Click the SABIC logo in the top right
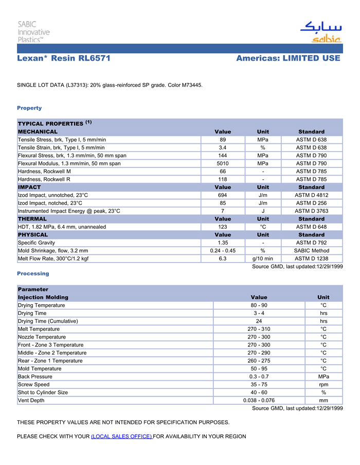(x=320, y=32)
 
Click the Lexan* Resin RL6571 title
(x=64, y=59)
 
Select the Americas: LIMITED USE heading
(x=288, y=59)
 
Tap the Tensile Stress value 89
(x=223, y=140)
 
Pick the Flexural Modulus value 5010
(x=223, y=163)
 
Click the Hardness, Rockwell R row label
(x=44, y=179)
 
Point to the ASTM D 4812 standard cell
(x=311, y=195)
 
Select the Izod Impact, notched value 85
(x=223, y=203)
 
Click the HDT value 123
(x=223, y=227)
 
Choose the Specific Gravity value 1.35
(x=223, y=243)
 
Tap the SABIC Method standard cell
(x=311, y=251)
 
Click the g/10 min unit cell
(x=263, y=258)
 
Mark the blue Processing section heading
(x=33, y=273)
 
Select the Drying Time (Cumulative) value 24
(x=259, y=321)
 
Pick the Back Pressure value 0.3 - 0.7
(x=259, y=377)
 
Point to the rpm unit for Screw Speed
(x=323, y=384)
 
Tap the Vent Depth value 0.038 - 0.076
(x=259, y=400)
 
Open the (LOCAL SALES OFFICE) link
(x=121, y=436)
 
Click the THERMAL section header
(x=32, y=219)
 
